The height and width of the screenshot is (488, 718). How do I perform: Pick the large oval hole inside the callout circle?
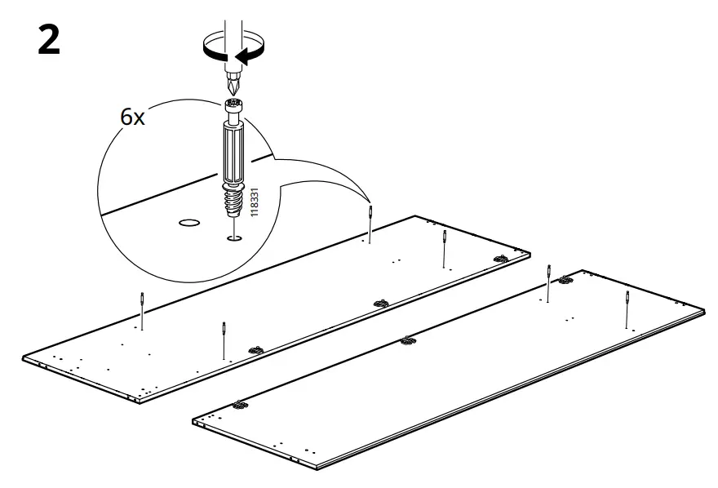(189, 221)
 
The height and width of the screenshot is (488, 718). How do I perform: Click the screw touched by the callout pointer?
(371, 222)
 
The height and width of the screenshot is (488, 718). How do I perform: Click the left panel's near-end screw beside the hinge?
(223, 339)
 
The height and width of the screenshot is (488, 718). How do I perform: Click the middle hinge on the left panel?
(380, 304)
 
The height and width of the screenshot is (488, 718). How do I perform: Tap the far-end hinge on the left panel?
(500, 259)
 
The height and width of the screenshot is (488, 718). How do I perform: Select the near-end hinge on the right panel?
(239, 404)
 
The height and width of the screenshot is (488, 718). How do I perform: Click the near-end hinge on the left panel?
(255, 350)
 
